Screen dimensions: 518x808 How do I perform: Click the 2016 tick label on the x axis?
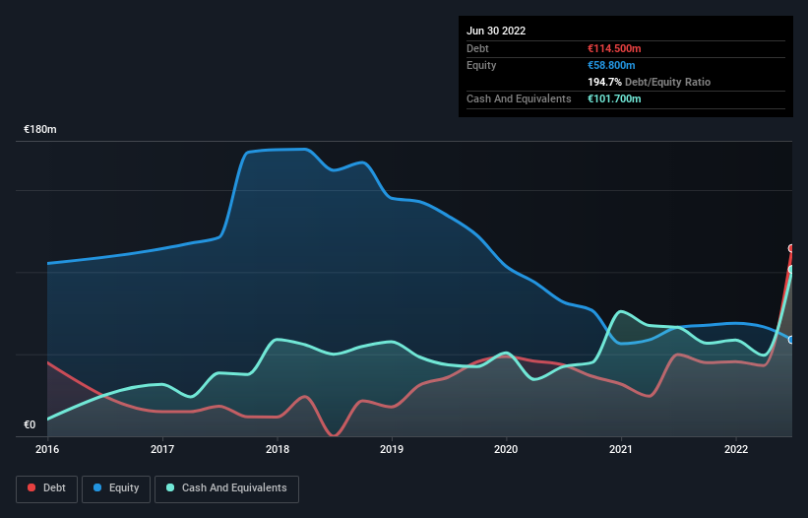point(47,449)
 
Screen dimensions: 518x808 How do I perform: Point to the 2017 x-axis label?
point(162,449)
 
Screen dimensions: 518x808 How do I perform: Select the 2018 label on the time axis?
point(278,449)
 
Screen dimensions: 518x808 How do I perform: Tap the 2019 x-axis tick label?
point(392,449)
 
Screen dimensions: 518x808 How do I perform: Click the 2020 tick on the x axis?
point(507,449)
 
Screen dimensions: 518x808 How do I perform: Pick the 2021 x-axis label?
point(621,449)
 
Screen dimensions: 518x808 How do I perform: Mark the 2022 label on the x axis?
point(736,449)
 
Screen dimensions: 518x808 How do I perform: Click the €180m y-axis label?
point(40,130)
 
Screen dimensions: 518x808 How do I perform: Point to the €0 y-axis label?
point(30,425)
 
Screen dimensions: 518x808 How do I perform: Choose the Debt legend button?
point(46,488)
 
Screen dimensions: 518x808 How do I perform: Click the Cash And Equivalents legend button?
point(226,488)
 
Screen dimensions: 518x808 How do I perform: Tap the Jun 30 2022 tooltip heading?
point(496,31)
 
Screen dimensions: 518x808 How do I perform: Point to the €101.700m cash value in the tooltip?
point(614,98)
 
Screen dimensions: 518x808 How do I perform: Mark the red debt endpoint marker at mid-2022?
point(791,248)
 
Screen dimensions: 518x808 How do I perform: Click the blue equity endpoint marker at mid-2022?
point(791,340)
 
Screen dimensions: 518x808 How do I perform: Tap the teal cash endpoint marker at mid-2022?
point(791,269)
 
